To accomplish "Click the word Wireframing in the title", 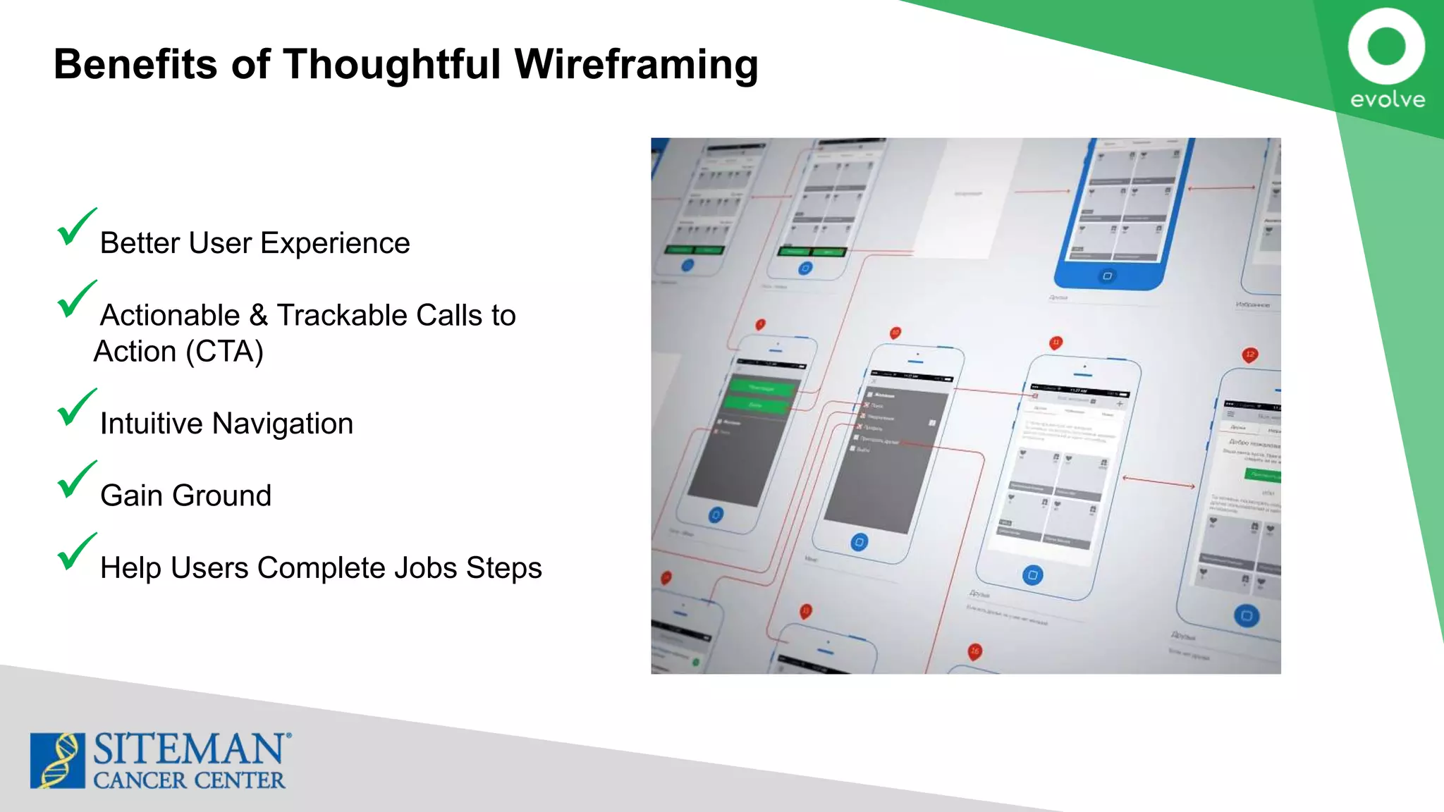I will point(636,64).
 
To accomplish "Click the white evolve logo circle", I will point(1386,47).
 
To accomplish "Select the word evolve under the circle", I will point(1387,99).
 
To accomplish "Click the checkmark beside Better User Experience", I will point(75,227).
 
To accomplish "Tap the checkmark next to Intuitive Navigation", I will point(75,407).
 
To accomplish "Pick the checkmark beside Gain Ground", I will point(75,479).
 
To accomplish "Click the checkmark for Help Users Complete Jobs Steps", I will point(75,552).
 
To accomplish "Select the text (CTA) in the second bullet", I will point(224,352).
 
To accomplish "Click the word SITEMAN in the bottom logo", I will point(189,749).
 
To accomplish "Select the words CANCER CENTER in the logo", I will point(189,780).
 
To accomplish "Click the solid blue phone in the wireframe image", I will point(1121,211).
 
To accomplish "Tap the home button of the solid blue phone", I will point(1107,276).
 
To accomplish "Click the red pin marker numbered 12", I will point(1250,355).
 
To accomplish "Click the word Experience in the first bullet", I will point(335,243).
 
